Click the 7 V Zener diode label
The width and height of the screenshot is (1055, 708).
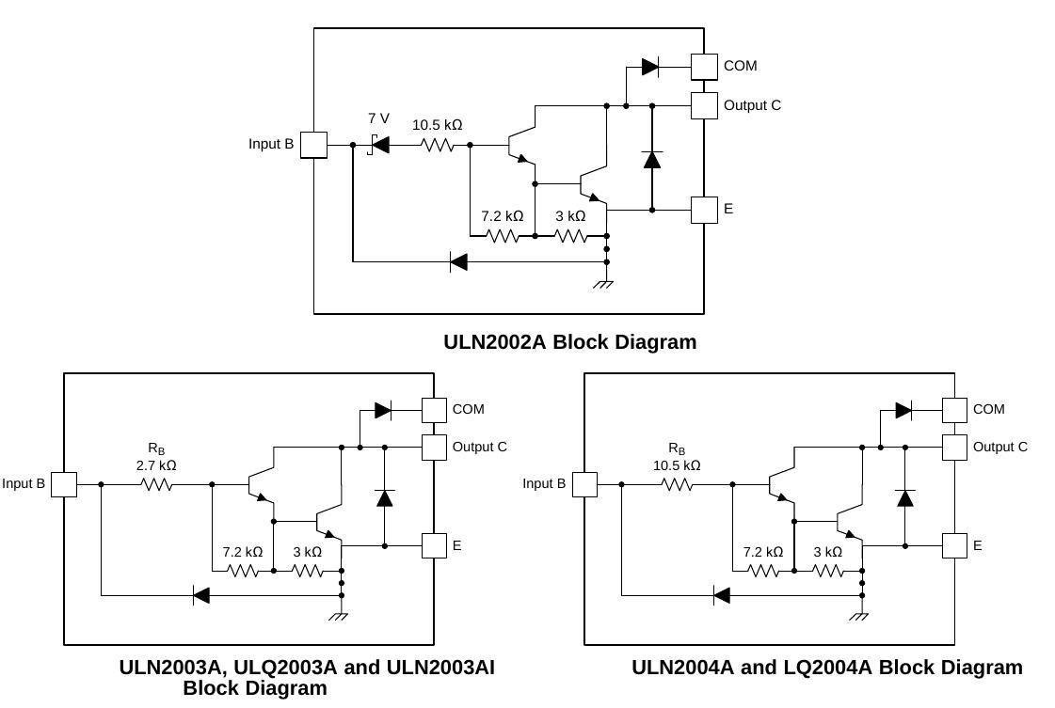coord(378,118)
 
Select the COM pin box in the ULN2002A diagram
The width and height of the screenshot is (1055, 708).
coord(704,67)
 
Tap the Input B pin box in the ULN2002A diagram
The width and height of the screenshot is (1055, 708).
coord(313,145)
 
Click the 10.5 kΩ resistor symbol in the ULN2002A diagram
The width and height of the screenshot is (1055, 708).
coord(438,145)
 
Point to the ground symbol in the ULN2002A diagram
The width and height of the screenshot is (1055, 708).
coord(603,284)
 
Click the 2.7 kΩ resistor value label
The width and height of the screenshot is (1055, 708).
coord(156,465)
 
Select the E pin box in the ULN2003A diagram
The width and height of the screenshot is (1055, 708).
coord(434,545)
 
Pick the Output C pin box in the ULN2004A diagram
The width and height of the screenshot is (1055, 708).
coord(954,448)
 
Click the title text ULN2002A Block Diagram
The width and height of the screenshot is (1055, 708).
coord(569,342)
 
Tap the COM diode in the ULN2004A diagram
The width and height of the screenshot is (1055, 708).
coord(903,410)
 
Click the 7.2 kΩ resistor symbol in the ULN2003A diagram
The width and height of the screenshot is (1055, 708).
coord(243,571)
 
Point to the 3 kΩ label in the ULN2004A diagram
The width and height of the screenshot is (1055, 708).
coord(827,552)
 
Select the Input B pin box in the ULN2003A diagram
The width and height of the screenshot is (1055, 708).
coord(64,484)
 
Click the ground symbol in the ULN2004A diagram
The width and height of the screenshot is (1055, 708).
coord(858,617)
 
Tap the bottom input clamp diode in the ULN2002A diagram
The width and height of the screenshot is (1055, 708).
coord(458,262)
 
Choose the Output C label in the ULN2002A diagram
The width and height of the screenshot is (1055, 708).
coord(752,105)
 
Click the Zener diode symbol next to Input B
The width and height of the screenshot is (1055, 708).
coord(379,145)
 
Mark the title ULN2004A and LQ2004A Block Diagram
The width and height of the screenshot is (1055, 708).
coord(826,668)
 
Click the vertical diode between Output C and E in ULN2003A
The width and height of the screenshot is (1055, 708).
coord(384,497)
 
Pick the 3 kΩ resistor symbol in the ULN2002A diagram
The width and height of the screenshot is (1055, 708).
coord(571,236)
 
